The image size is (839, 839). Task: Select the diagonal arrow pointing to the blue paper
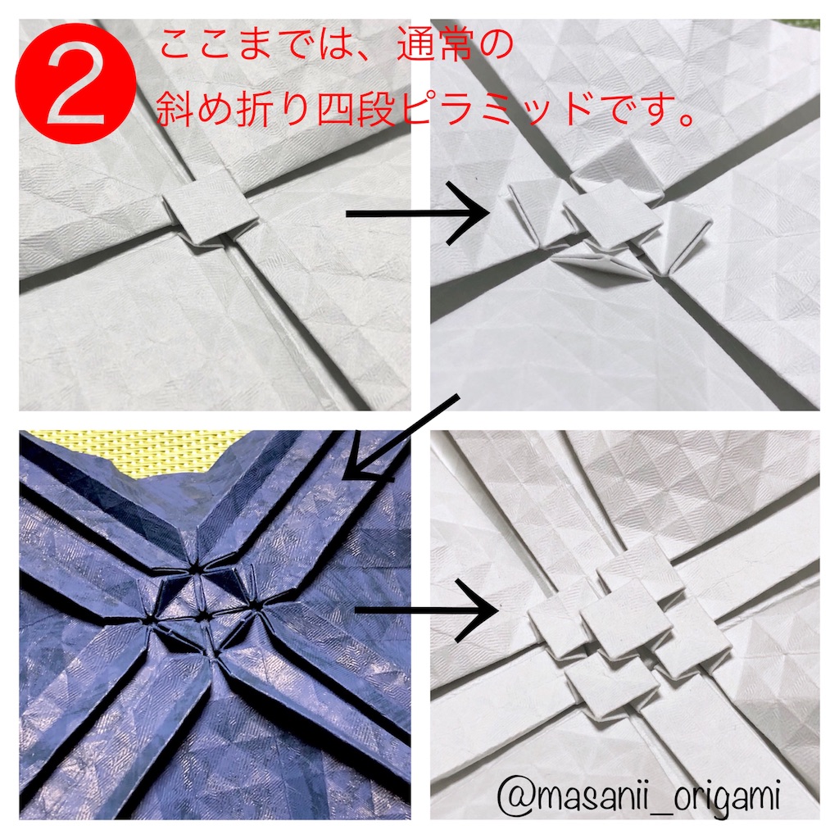click(x=401, y=439)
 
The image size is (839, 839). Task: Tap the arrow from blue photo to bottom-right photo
click(x=425, y=610)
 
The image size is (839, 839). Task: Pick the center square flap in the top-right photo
click(x=610, y=218)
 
